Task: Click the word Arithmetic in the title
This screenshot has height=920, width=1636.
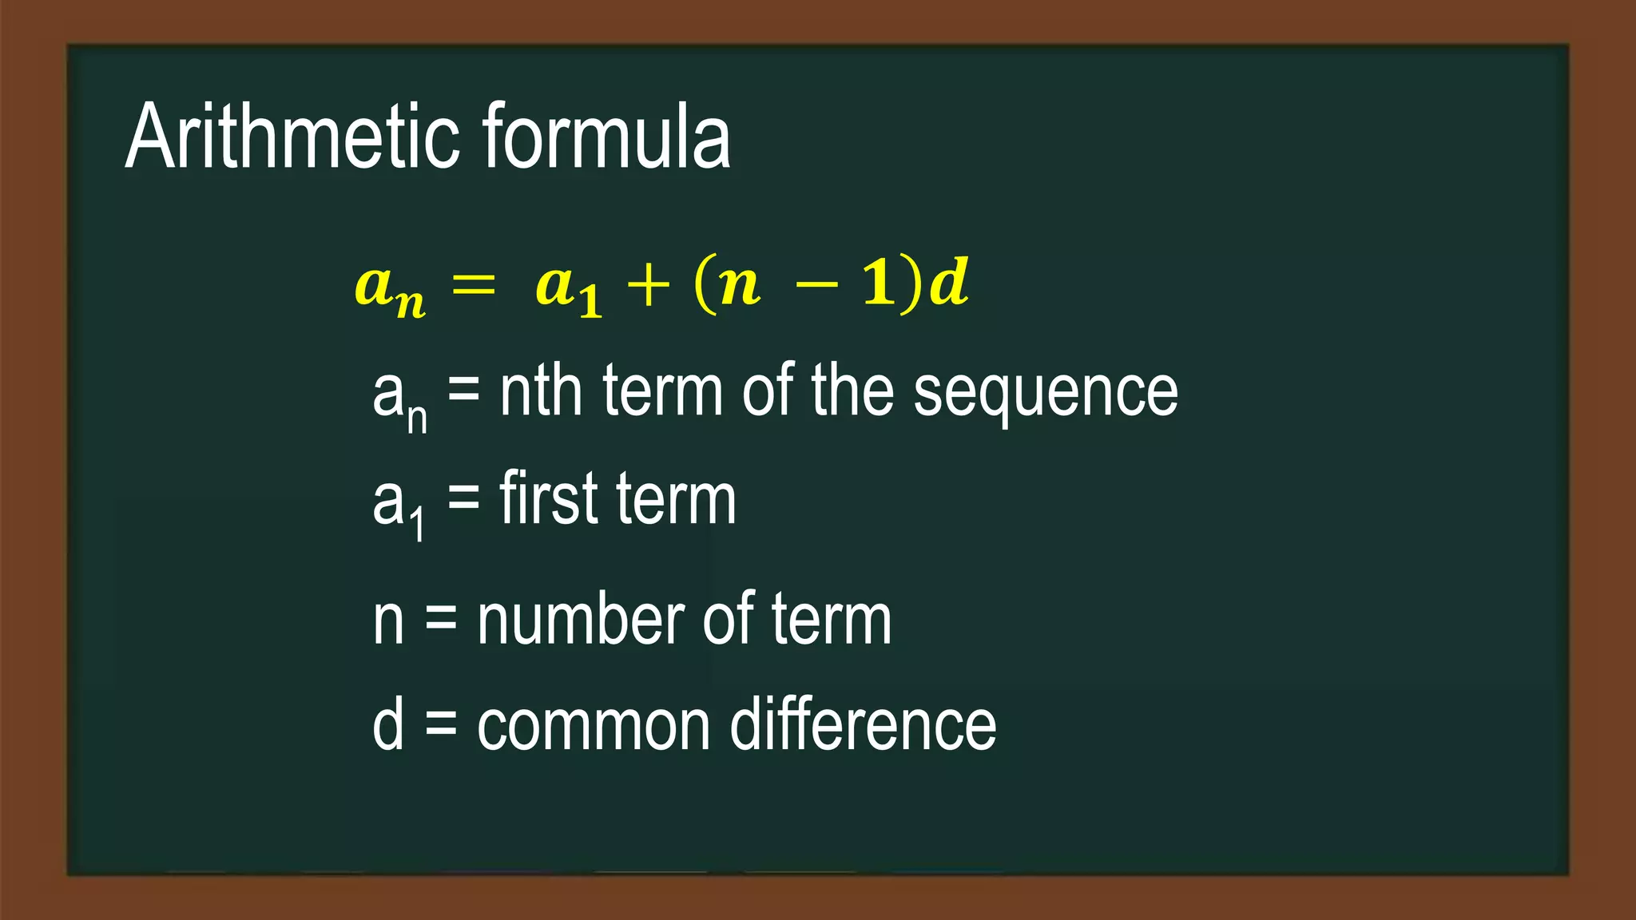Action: click(292, 137)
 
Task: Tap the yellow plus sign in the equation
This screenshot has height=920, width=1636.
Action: click(648, 286)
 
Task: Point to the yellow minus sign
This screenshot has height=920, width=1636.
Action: click(817, 285)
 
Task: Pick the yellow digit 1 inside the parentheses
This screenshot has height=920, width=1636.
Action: click(880, 284)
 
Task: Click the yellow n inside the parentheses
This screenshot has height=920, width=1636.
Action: click(740, 286)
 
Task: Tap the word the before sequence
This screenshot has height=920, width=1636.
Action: click(852, 391)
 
